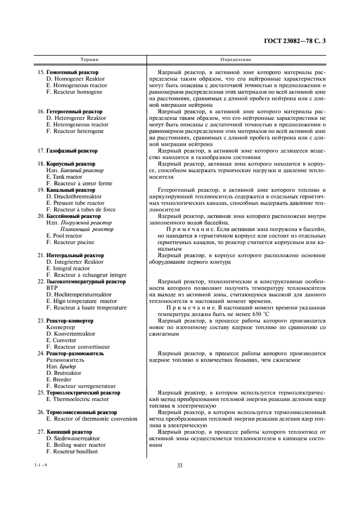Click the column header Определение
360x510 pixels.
click(236, 59)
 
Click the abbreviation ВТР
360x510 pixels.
click(52, 288)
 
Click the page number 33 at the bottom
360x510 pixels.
click(180, 465)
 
